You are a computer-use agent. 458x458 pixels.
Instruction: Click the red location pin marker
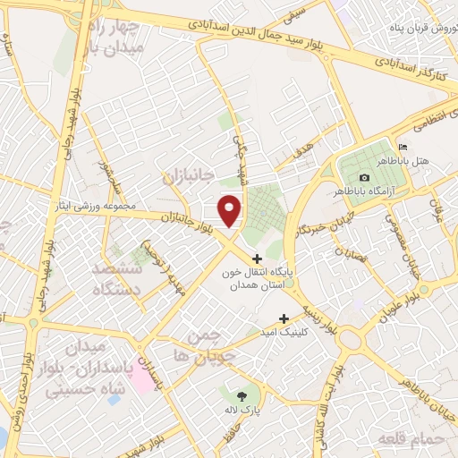pyautogui.click(x=231, y=209)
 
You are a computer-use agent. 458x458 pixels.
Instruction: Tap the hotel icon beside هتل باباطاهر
pyautogui.click(x=403, y=148)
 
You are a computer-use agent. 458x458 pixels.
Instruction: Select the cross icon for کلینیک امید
pyautogui.click(x=284, y=318)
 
